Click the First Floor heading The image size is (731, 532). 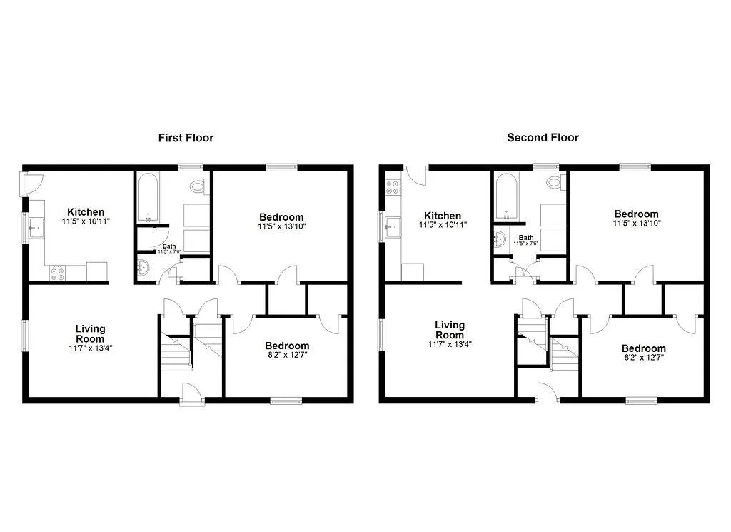186,138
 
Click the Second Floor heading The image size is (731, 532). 543,138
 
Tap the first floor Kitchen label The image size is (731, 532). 86,211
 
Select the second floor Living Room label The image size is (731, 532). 450,330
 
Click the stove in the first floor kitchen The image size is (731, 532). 57,273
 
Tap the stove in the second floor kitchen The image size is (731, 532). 393,187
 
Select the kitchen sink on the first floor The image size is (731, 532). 36,228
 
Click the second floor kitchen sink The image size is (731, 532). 393,227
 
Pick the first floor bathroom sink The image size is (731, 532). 143,268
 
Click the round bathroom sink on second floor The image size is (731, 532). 499,240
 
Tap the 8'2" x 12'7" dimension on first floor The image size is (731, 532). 287,355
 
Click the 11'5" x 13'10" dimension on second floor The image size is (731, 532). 636,224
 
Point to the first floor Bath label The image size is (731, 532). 169,246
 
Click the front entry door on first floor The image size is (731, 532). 193,394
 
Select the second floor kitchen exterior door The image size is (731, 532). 416,175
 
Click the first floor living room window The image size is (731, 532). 24,336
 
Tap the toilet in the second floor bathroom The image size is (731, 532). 555,182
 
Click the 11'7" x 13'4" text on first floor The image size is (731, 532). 91,348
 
